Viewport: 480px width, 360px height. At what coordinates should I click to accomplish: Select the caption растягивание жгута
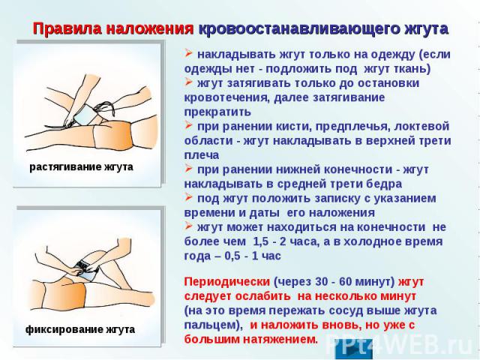[x=82, y=167]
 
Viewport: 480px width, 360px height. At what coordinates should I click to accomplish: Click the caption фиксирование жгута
[x=80, y=330]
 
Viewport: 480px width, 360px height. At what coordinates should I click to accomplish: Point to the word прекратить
[x=217, y=112]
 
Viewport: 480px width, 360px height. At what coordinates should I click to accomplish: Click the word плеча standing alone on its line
[x=202, y=155]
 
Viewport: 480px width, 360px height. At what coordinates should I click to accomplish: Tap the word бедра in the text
[x=386, y=184]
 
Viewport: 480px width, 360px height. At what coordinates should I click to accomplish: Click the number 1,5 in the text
[x=260, y=241]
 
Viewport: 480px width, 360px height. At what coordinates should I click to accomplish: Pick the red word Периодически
[x=227, y=282]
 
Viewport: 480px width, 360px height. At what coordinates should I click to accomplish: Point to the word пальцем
[x=211, y=325]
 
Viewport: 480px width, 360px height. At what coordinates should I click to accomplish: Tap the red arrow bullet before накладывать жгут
[x=188, y=54]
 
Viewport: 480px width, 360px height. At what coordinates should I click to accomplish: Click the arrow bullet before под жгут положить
[x=188, y=198]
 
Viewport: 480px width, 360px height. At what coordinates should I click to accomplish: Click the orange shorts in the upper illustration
[x=113, y=135]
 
